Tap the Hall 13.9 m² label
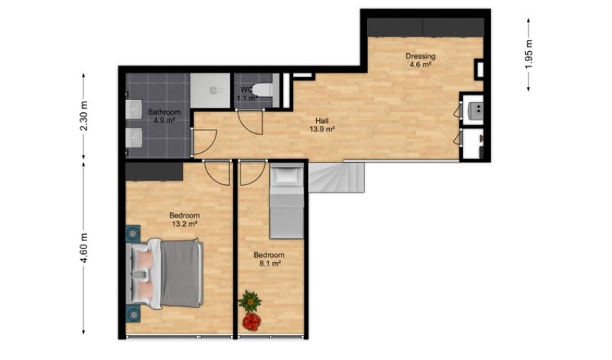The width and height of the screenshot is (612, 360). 322,125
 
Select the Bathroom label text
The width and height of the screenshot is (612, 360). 164,112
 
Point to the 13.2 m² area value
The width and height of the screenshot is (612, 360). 184,224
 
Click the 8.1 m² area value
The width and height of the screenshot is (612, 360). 270,264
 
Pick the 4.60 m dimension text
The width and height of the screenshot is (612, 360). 84,248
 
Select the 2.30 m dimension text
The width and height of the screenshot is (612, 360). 84,116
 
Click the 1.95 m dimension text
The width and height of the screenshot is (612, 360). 528,54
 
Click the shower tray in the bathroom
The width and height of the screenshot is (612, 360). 210,91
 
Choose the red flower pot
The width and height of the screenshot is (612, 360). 252,321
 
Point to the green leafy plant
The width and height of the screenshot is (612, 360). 250,301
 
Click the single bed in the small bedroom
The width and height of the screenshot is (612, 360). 287,201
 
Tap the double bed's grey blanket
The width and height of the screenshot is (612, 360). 181,273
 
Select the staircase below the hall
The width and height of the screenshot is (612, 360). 336,178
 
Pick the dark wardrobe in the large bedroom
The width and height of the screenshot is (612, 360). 154,172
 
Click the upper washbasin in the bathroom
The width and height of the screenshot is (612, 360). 133,109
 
